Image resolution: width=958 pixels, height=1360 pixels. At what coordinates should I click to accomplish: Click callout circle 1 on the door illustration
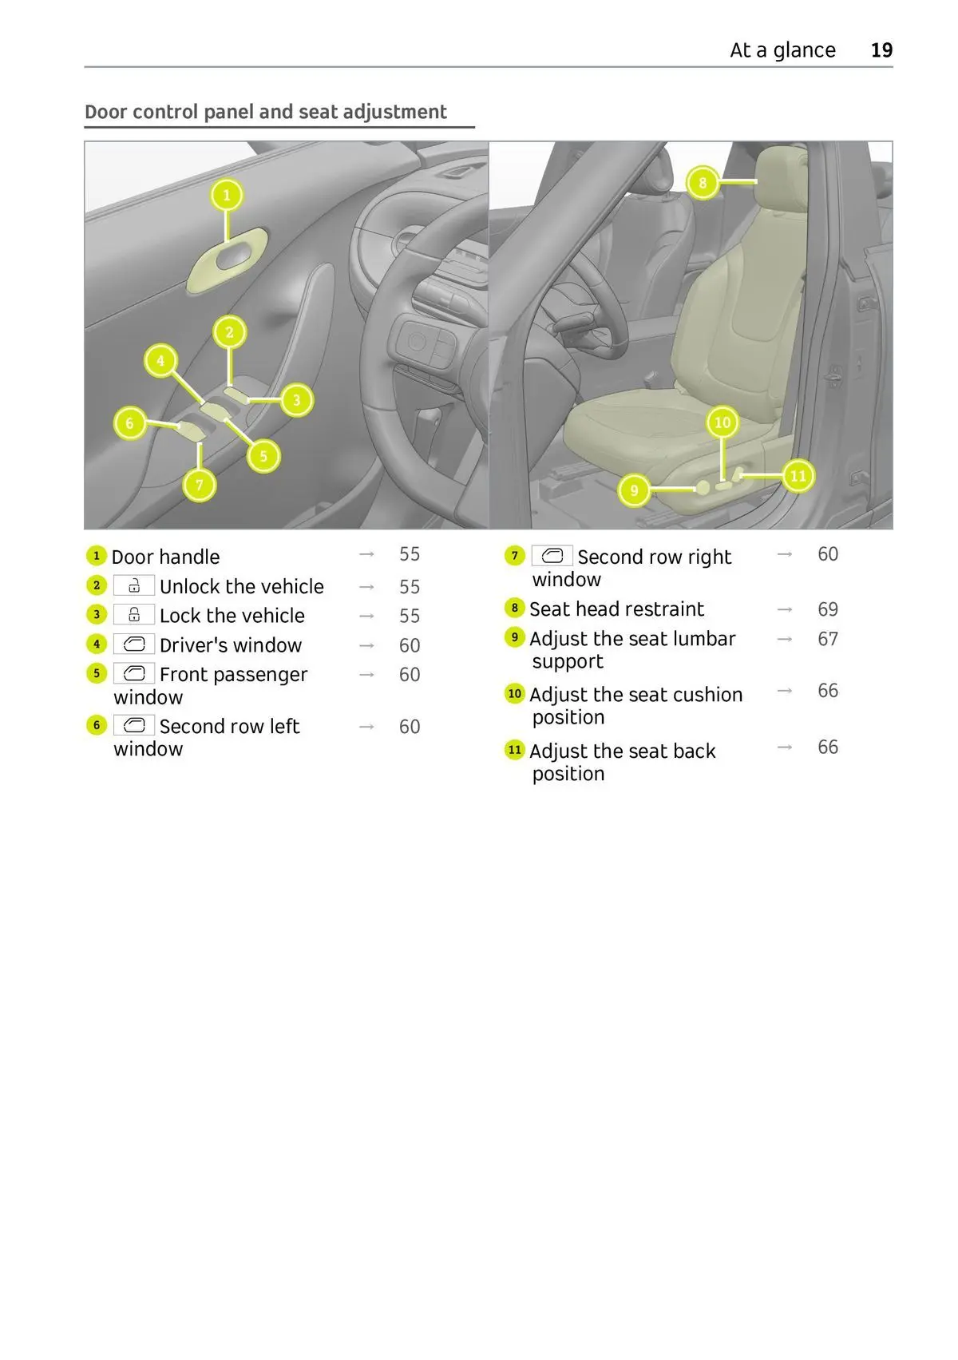(x=227, y=195)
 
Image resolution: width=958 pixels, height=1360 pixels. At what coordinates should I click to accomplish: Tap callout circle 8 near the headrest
(x=703, y=183)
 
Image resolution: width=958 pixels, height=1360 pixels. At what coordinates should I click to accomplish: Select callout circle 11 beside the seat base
(x=798, y=476)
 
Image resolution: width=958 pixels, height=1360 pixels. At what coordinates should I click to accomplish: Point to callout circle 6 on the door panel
(x=130, y=423)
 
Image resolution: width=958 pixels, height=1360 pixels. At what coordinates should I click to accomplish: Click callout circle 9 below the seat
(x=635, y=490)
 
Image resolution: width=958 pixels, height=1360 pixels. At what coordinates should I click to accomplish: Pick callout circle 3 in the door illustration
(x=296, y=400)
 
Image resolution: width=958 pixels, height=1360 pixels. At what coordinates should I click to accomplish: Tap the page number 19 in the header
(x=881, y=50)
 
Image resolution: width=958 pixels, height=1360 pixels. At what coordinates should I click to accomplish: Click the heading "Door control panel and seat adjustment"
(x=266, y=112)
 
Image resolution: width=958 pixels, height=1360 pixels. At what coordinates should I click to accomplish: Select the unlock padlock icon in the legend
(x=134, y=586)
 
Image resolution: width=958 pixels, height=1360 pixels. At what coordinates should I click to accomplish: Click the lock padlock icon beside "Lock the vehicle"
(x=134, y=615)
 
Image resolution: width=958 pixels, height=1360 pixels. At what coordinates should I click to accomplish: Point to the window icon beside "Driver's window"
(x=134, y=644)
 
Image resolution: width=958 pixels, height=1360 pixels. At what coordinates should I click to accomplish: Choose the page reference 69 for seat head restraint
(x=828, y=609)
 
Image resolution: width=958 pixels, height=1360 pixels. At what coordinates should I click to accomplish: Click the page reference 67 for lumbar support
(x=828, y=639)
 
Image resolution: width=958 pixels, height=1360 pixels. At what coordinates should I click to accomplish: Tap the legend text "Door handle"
(x=165, y=557)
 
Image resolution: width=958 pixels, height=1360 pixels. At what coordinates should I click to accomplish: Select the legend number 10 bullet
(x=515, y=694)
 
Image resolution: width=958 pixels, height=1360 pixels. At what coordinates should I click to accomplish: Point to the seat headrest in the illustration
(x=778, y=180)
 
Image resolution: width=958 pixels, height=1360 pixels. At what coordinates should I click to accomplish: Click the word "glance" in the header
(x=804, y=50)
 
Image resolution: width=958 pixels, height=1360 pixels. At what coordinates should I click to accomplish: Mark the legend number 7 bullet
(x=515, y=556)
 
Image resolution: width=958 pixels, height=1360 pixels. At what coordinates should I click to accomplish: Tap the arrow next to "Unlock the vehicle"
(x=366, y=587)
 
